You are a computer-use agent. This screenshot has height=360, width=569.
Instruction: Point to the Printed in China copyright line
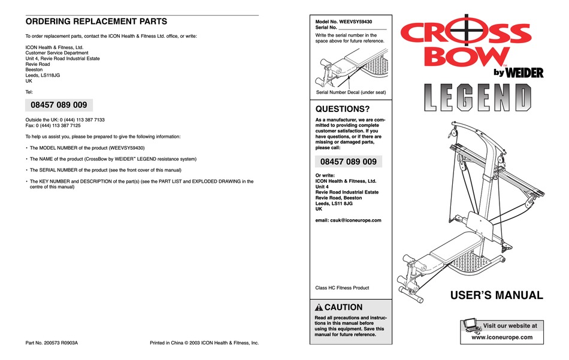tap(204, 343)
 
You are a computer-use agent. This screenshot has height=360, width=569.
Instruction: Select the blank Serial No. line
tap(362, 28)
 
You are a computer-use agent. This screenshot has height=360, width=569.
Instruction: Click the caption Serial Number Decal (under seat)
tap(351, 92)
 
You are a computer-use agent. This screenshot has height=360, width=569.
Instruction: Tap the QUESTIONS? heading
tap(342, 109)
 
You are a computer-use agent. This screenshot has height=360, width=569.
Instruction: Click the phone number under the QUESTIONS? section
tap(348, 162)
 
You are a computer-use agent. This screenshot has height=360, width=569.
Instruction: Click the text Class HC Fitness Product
tap(342, 288)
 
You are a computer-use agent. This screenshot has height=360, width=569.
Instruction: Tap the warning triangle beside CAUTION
tap(319, 307)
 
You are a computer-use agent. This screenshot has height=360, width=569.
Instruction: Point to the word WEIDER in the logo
tap(525, 73)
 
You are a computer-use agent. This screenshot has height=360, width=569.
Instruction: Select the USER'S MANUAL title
tap(497, 295)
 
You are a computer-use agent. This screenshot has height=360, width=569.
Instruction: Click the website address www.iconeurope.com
tap(502, 337)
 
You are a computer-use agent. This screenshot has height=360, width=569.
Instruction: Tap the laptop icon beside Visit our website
tap(471, 326)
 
